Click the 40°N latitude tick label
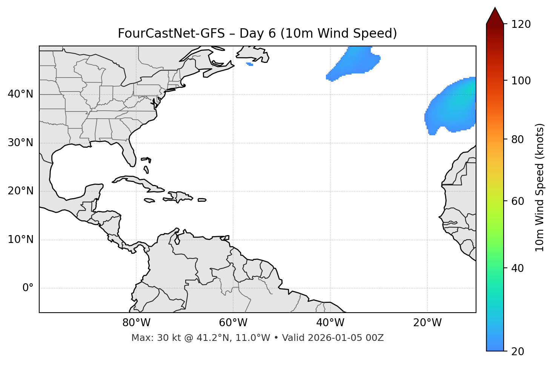tap(20, 94)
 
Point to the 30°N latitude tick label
tap(20, 143)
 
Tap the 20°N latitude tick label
tap(20, 191)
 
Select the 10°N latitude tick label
tap(20, 240)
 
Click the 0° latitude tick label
tap(28, 288)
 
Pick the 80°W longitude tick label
tap(136, 323)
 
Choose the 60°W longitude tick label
tap(233, 323)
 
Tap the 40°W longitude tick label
tap(330, 323)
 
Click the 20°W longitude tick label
tap(427, 323)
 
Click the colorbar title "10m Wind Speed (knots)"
tap(540, 187)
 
